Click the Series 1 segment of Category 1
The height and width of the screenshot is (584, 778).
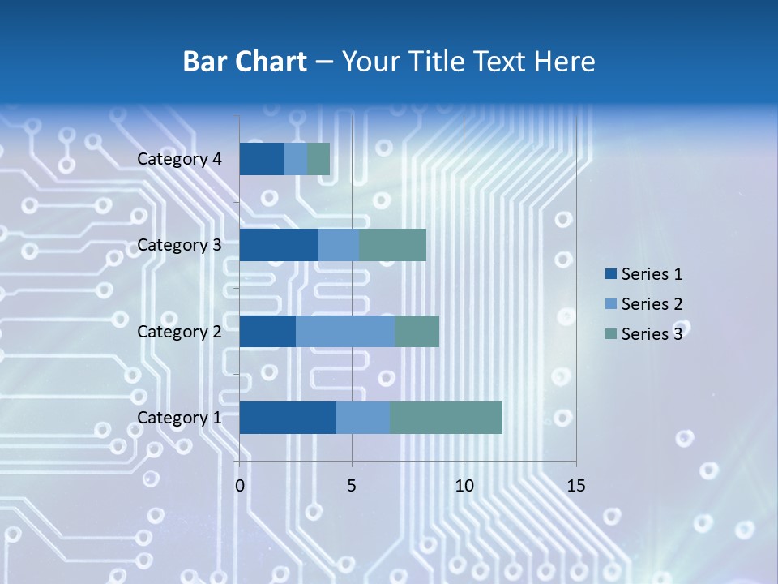288,418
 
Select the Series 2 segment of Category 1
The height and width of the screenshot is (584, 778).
363,418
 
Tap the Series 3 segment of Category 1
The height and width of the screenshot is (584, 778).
446,418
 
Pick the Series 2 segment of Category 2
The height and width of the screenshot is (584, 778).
345,332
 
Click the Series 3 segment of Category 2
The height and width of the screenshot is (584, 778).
417,332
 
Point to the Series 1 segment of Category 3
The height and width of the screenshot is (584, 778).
279,245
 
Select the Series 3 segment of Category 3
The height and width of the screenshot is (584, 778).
392,245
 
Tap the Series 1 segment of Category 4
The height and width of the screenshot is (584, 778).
262,159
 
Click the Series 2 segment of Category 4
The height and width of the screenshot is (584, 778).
296,159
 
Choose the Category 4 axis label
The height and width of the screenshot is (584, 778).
179,159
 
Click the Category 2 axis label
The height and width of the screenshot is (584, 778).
179,332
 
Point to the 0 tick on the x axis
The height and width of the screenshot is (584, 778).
240,486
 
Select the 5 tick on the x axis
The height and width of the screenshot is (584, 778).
352,486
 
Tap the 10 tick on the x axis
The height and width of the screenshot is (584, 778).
464,486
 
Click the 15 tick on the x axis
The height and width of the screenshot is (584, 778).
575,486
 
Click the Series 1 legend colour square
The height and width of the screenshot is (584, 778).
611,274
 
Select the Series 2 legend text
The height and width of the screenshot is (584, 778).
652,304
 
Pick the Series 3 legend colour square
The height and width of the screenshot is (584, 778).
611,333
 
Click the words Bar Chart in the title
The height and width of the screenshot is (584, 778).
245,62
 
